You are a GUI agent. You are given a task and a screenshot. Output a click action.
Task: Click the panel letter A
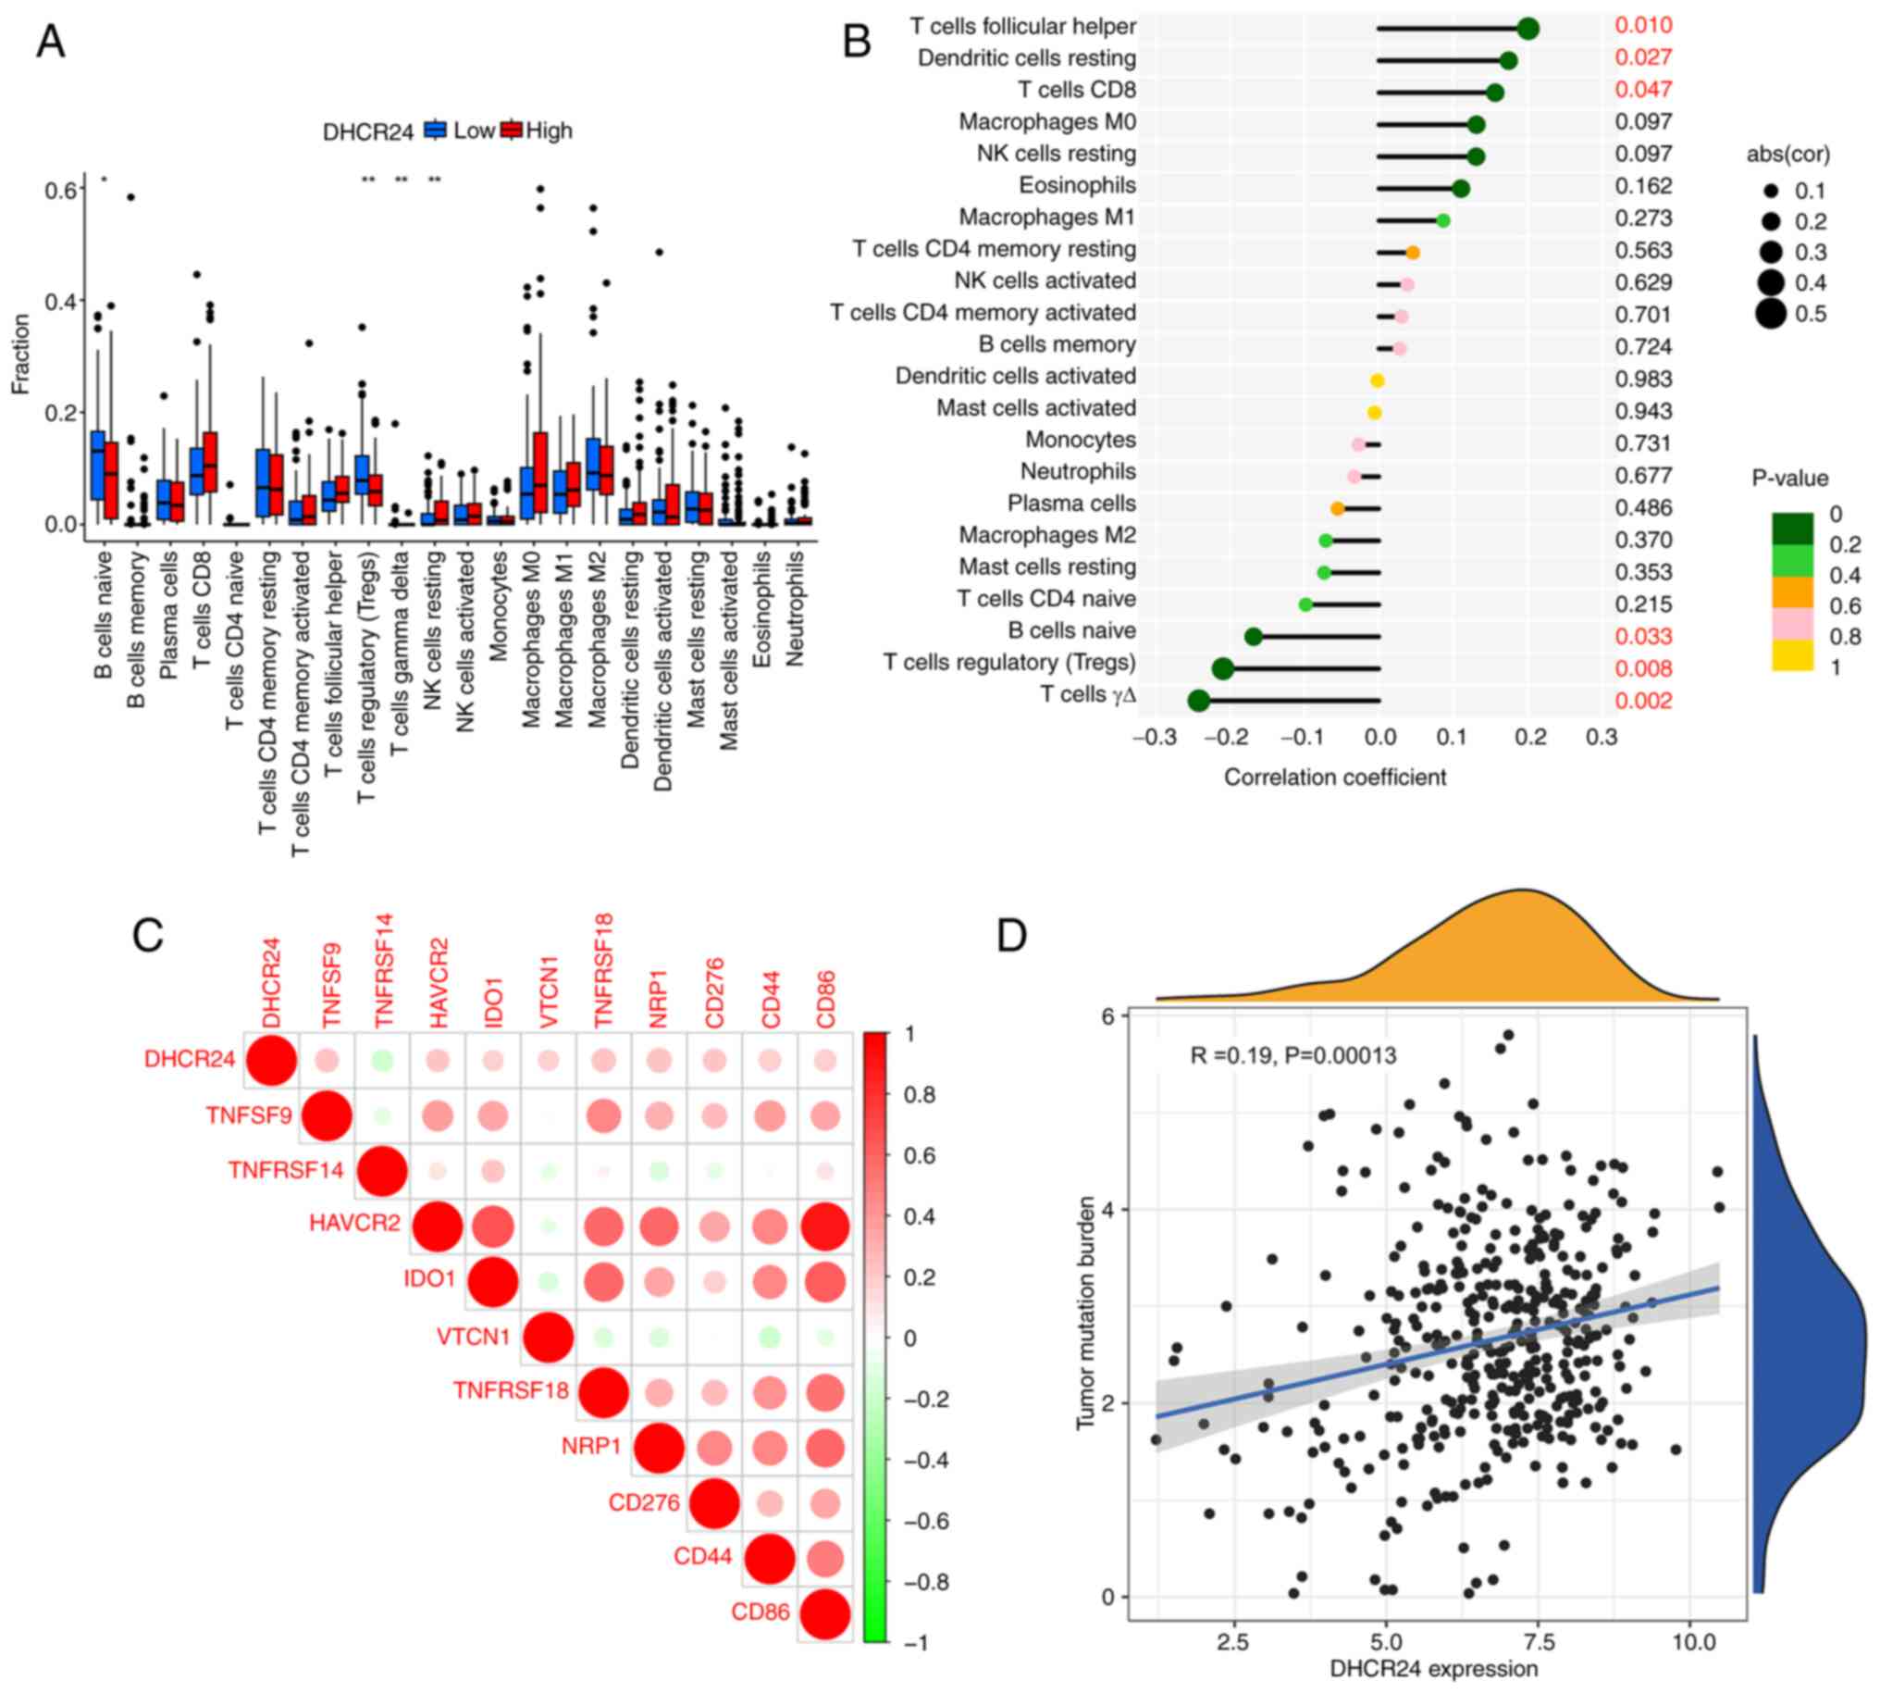[x=50, y=42]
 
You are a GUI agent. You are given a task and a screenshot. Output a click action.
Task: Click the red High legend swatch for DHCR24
[x=512, y=131]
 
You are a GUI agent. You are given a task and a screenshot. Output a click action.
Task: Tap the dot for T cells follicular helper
[x=1527, y=29]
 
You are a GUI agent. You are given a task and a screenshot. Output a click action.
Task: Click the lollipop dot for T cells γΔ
[x=1198, y=701]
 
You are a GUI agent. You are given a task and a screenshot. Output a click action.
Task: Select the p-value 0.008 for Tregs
[x=1643, y=669]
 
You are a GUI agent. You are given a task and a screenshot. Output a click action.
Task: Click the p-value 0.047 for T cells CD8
[x=1643, y=90]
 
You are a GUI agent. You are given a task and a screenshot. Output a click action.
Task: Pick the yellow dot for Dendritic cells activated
[x=1378, y=380]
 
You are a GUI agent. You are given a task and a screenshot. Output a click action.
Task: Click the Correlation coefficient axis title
[x=1334, y=778]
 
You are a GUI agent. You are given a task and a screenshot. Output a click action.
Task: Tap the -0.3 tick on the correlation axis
[x=1153, y=738]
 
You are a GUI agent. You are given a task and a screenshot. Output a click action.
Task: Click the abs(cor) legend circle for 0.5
[x=1770, y=315]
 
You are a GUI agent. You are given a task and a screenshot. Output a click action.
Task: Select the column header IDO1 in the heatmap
[x=494, y=992]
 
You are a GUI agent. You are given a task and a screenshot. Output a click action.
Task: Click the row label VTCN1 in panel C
[x=474, y=1338]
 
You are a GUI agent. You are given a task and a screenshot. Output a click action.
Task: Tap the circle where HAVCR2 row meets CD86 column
[x=823, y=1226]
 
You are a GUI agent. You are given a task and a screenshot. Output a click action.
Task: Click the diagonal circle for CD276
[x=714, y=1503]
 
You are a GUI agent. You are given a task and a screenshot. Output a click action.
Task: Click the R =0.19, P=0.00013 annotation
[x=1293, y=1055]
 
